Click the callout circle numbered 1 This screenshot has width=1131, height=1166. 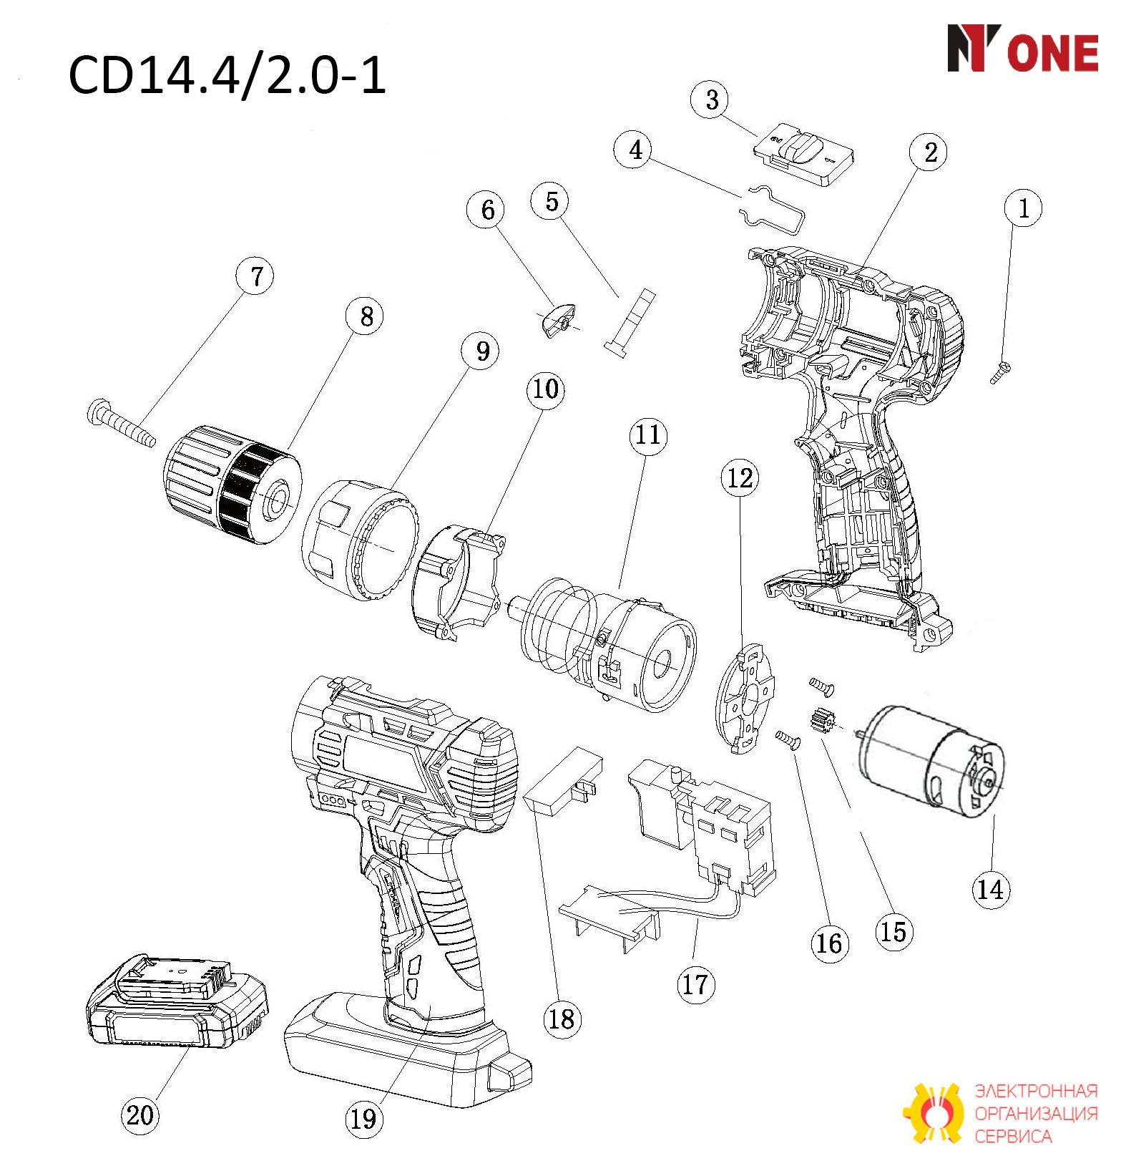coord(1023,208)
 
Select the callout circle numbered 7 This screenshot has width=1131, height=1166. coord(257,276)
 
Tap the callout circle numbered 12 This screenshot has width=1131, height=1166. coord(740,477)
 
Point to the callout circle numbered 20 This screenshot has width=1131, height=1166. coord(139,1114)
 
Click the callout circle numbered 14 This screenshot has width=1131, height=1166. coord(991,889)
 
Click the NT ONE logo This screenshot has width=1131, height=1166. coord(1023,49)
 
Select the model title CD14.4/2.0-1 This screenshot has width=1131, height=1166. coord(227,75)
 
